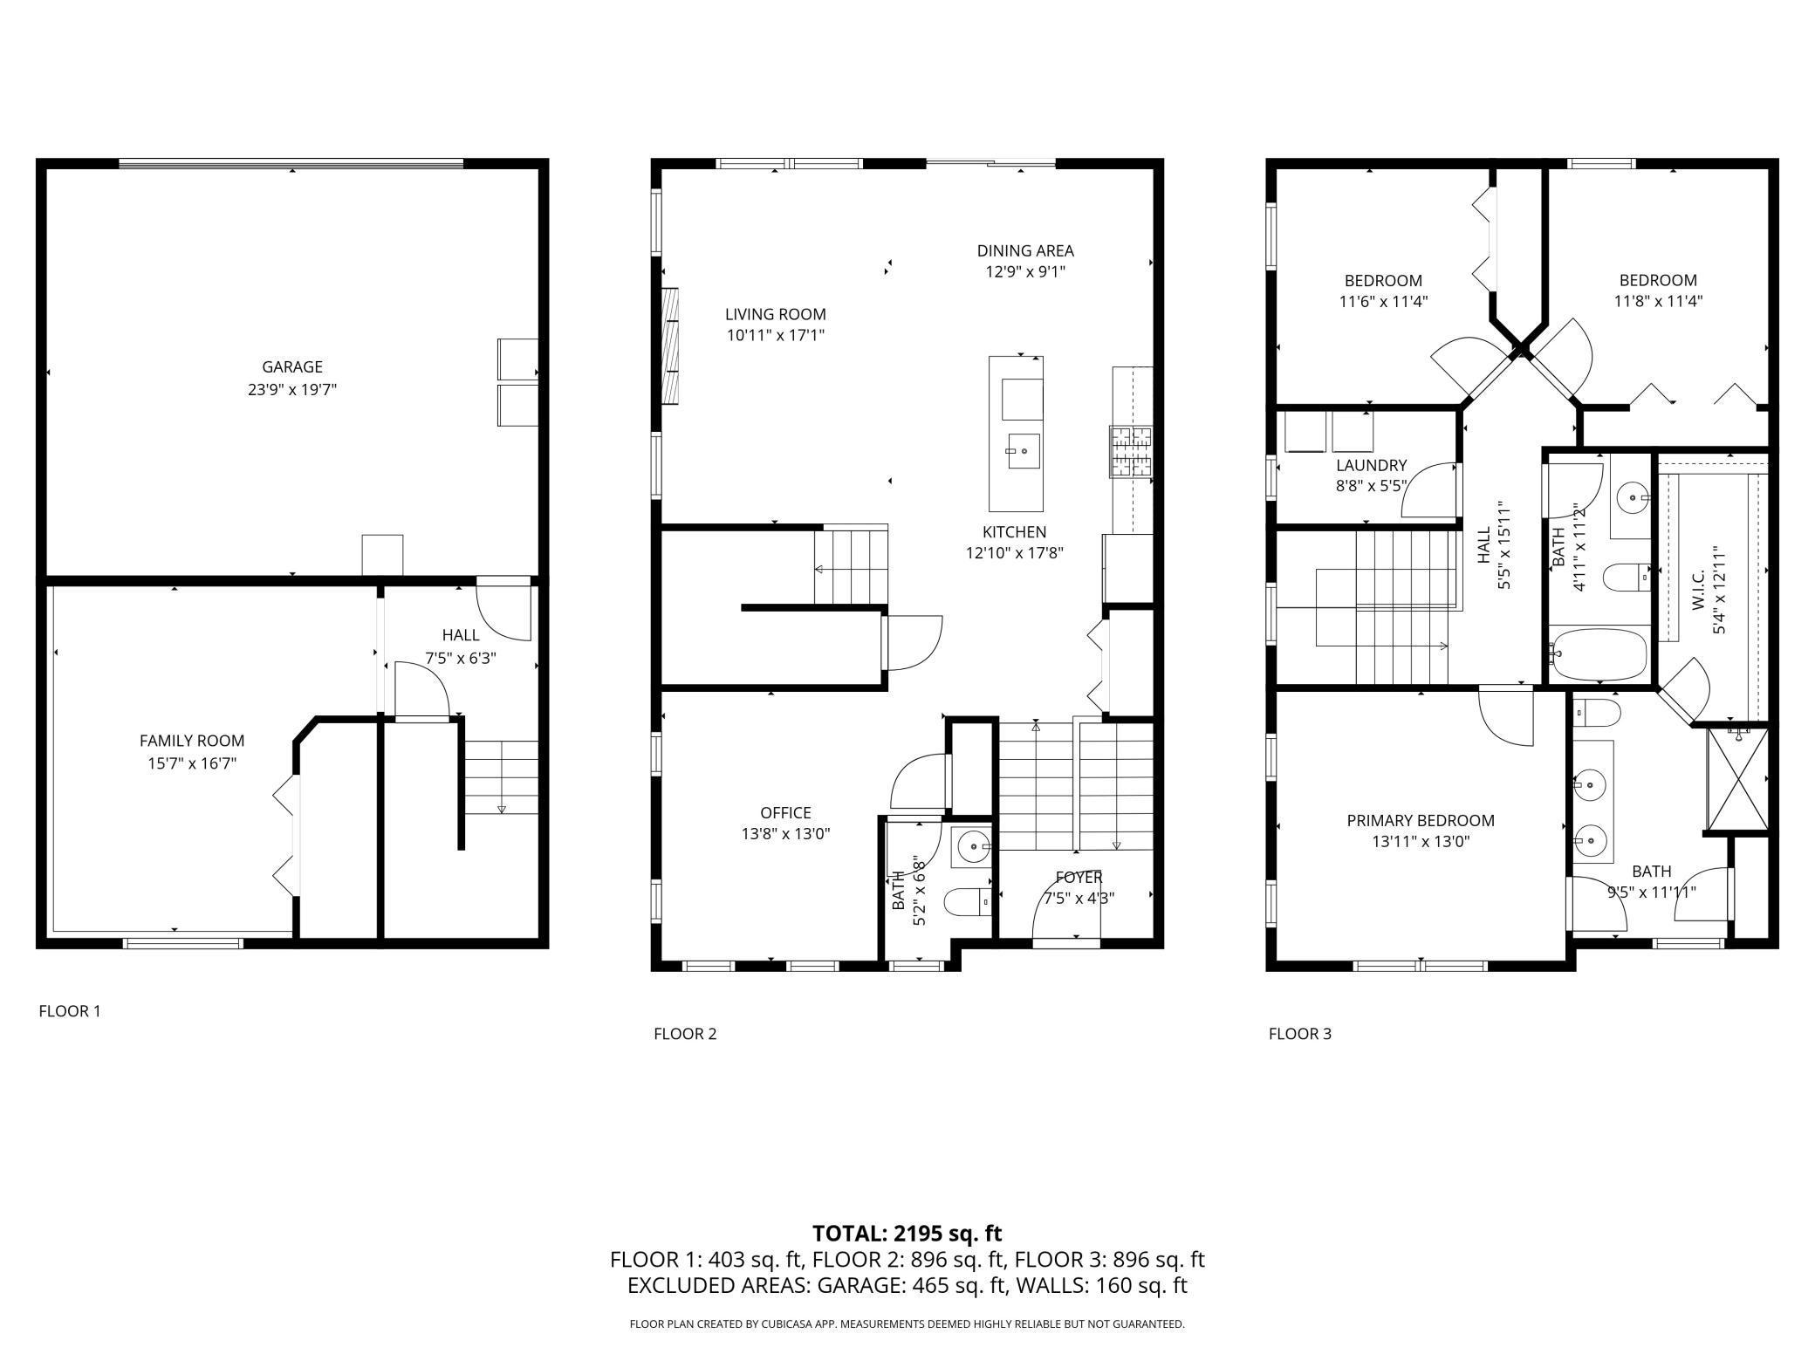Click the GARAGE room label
[x=292, y=367]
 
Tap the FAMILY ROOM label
[x=192, y=741]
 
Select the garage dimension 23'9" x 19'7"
[x=292, y=389]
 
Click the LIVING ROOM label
[x=776, y=314]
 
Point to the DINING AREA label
[x=1025, y=251]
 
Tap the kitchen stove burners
[x=1131, y=452]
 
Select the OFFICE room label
[x=785, y=813]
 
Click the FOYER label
[x=1079, y=878]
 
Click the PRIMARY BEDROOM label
[x=1421, y=821]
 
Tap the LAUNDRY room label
[x=1372, y=466]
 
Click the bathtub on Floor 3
[x=1599, y=654]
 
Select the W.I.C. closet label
[x=1699, y=590]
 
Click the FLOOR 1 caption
[x=70, y=1011]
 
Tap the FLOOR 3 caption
[x=1300, y=1034]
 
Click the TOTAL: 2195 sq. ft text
[x=907, y=1234]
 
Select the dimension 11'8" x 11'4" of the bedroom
[x=1658, y=302]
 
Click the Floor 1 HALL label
[x=460, y=635]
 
